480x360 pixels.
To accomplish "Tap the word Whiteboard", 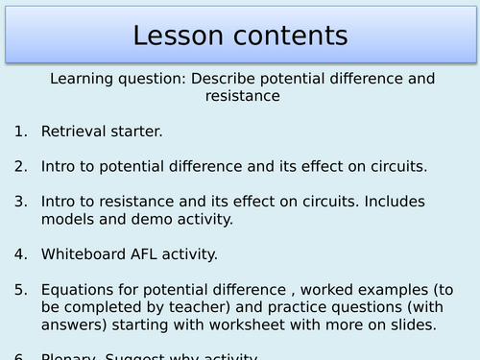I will pyautogui.click(x=84, y=254).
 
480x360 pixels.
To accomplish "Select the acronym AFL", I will pyautogui.click(x=153, y=254).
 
